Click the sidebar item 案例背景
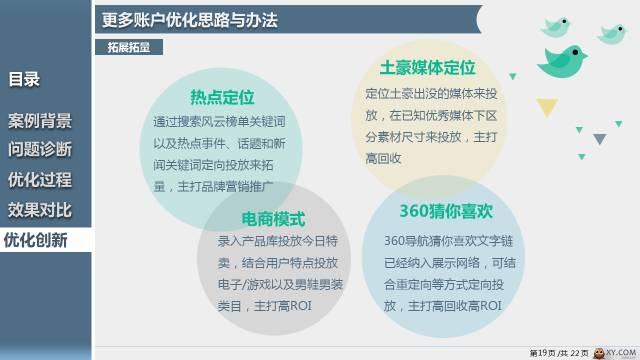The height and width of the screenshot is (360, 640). tap(40, 122)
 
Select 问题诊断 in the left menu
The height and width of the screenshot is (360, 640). tap(40, 151)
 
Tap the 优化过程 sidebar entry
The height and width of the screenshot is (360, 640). tap(40, 180)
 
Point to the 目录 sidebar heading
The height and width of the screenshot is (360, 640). tap(24, 80)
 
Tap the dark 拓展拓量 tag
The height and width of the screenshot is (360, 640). tap(124, 46)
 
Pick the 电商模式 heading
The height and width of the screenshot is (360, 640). tap(273, 218)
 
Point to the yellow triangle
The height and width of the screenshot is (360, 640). tap(546, 106)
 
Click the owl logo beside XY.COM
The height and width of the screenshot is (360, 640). tap(601, 352)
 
